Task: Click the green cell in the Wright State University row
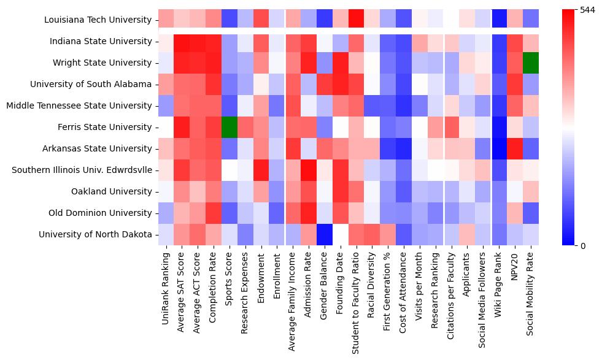531,63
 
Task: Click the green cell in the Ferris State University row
229,127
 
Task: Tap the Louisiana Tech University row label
98,20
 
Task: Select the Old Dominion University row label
101,213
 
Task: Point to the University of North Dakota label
95,234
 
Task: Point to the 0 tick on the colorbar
582,246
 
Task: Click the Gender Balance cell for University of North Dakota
324,234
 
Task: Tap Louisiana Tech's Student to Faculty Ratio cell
355,20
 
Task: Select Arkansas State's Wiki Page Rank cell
499,148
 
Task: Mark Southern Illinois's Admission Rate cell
308,170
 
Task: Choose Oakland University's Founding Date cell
339,191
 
